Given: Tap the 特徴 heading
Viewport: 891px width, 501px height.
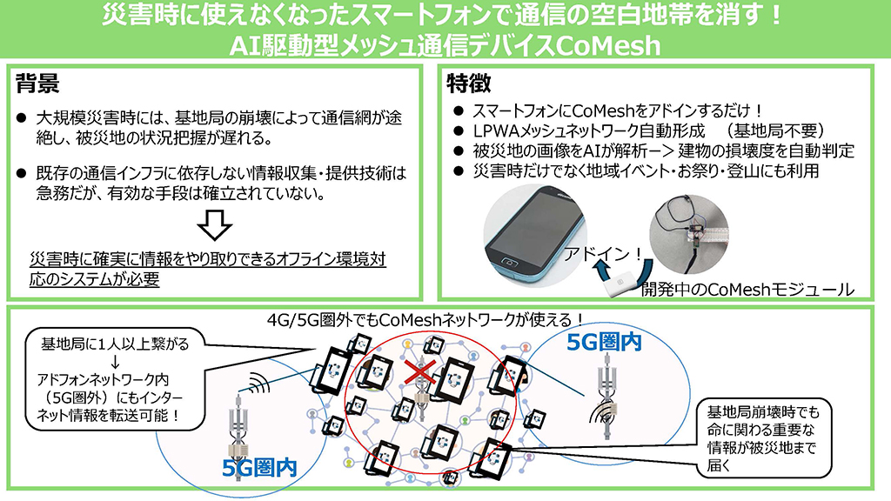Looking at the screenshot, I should [469, 83].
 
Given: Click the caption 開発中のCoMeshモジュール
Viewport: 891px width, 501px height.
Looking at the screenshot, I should [746, 288].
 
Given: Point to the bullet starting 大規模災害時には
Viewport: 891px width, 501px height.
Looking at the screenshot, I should [221, 128].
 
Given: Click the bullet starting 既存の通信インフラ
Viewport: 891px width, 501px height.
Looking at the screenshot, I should [221, 184].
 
